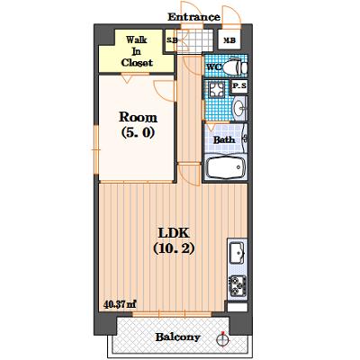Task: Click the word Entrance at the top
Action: tap(193, 17)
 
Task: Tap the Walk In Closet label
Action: tap(137, 51)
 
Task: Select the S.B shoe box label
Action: tap(172, 40)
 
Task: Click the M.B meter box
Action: tap(229, 40)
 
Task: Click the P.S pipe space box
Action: tap(239, 86)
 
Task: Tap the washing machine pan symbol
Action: tap(217, 89)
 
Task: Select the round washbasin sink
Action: tap(239, 107)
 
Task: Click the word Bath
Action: tap(224, 139)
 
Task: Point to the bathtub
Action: tap(226, 167)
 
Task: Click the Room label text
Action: tap(138, 117)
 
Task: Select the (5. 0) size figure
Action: tap(138, 132)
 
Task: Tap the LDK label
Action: tap(174, 233)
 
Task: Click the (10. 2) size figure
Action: tap(174, 248)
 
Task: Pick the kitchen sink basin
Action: tap(237, 253)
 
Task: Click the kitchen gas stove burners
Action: tap(238, 286)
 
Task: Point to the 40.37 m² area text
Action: tap(120, 304)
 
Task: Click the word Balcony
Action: tap(177, 337)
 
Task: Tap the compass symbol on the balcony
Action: tap(222, 339)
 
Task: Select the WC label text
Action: tap(214, 67)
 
